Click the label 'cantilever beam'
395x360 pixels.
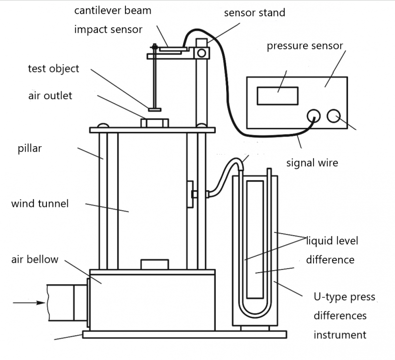pyautogui.click(x=113, y=10)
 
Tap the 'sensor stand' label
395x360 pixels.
pyautogui.click(x=254, y=13)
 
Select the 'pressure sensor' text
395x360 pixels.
pyautogui.click(x=305, y=46)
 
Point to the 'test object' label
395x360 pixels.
pyautogui.click(x=53, y=69)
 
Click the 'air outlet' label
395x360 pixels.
pyautogui.click(x=50, y=95)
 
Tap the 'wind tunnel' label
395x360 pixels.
pyautogui.click(x=39, y=203)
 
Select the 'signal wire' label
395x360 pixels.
pyautogui.click(x=312, y=162)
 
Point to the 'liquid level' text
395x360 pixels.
pyautogui.click(x=332, y=241)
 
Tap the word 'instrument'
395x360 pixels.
pyautogui.click(x=340, y=335)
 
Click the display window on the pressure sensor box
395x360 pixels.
pyautogui.click(x=277, y=95)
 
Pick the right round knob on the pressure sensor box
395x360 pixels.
pyautogui.click(x=333, y=116)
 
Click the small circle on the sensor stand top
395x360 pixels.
pyautogui.click(x=201, y=52)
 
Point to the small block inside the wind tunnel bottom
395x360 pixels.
pyautogui.click(x=155, y=264)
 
